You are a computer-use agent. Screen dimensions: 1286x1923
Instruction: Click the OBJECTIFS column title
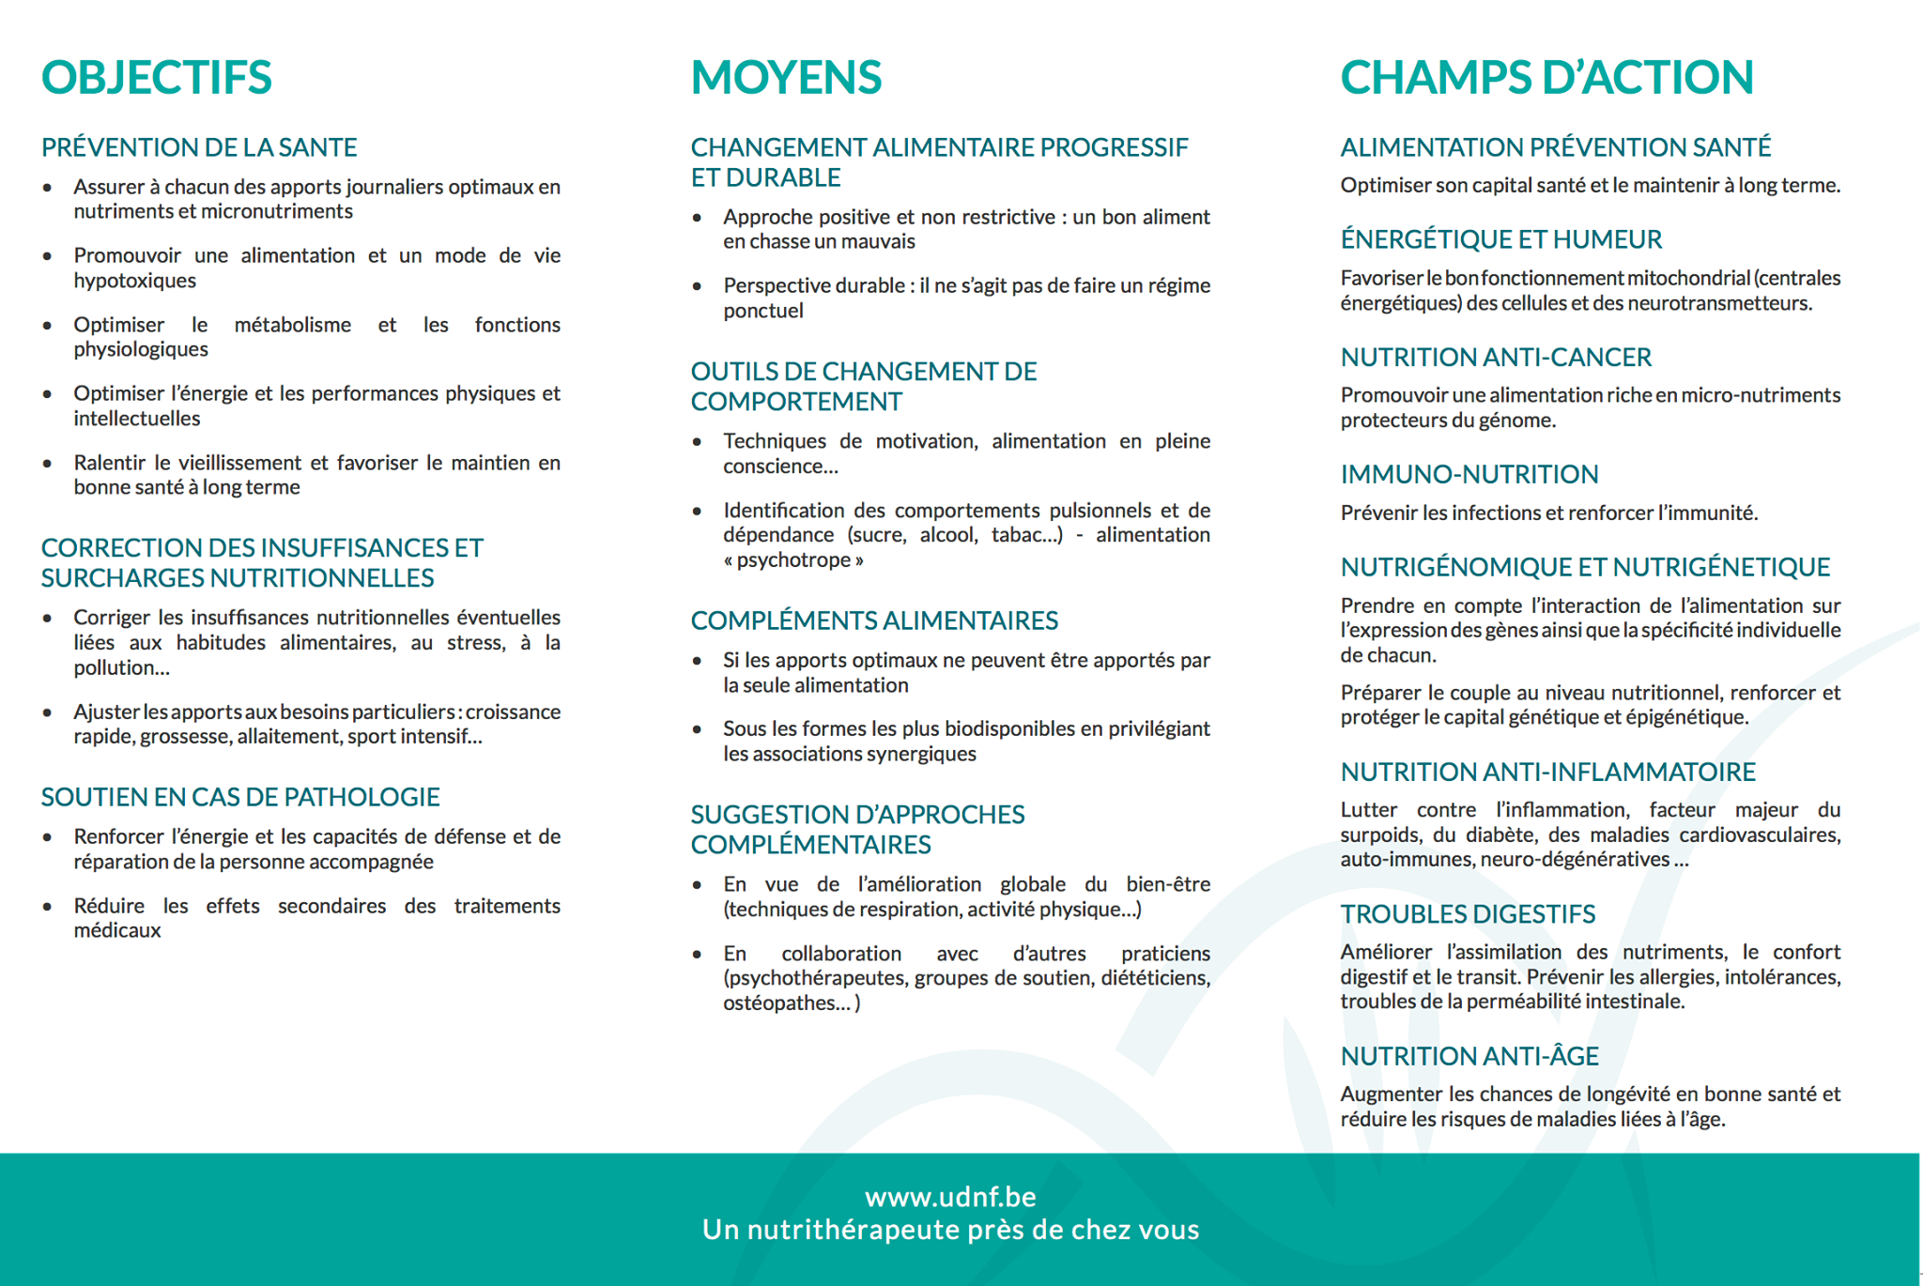coord(156,77)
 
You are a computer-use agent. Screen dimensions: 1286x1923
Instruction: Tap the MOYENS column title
coord(786,77)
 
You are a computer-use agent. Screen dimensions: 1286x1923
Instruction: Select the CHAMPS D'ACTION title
coord(1546,77)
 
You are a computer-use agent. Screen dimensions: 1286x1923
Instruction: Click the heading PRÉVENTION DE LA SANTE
coord(199,147)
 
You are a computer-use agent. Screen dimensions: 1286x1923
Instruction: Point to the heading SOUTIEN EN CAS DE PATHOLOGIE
coord(240,797)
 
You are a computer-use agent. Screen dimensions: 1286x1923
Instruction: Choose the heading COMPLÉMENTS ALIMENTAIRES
coord(874,620)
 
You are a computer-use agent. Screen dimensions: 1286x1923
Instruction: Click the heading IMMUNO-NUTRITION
coord(1469,475)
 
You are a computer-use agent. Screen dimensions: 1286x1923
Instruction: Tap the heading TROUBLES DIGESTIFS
coord(1468,914)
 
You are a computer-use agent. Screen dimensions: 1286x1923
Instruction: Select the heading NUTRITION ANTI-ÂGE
coord(1469,1056)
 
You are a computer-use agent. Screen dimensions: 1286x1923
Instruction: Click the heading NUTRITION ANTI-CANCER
coord(1496,358)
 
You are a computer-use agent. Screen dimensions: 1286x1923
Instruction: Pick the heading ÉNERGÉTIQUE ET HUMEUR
coord(1500,239)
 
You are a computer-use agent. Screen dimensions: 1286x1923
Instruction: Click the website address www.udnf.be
coord(950,1197)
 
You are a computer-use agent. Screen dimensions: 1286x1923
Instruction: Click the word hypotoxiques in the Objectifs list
coord(135,281)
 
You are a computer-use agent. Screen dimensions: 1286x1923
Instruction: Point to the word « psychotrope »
coord(793,560)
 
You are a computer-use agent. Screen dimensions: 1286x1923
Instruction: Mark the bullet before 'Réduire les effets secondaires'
coord(47,907)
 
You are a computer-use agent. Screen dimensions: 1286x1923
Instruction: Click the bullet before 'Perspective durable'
coord(697,286)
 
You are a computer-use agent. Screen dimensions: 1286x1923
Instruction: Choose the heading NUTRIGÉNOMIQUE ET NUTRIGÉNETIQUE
coord(1585,567)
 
